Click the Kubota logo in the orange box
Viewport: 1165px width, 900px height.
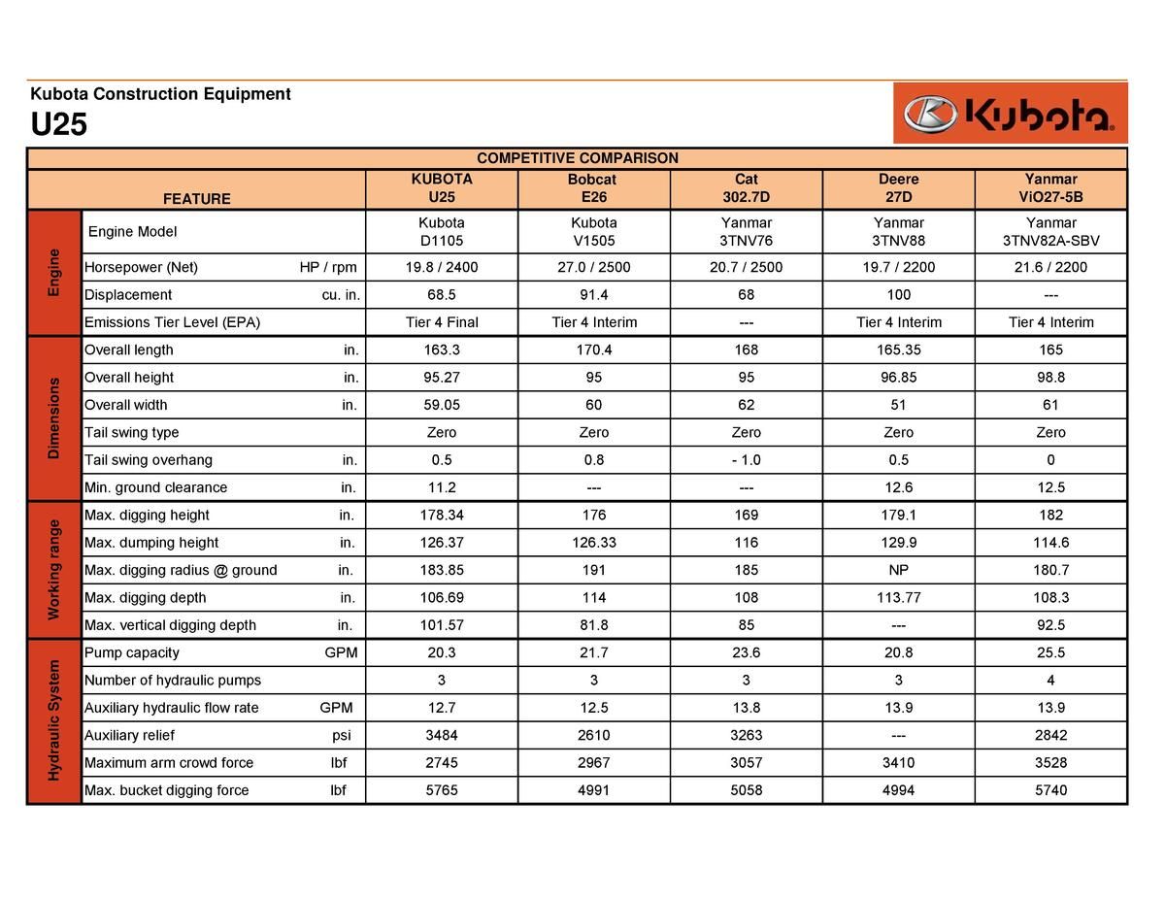click(1010, 114)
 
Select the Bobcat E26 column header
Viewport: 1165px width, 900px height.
click(593, 188)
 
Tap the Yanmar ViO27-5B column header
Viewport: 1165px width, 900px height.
click(1050, 188)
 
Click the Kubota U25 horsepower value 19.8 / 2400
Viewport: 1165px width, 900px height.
click(442, 267)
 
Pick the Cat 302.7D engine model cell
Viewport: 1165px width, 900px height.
click(746, 232)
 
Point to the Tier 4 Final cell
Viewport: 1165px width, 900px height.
click(442, 322)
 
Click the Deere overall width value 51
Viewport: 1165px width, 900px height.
click(898, 405)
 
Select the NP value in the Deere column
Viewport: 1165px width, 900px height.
click(898, 570)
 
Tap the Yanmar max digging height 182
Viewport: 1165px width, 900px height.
click(1050, 515)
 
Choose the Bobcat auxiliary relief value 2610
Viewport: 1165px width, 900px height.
click(593, 735)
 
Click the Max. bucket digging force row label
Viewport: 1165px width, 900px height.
click(166, 790)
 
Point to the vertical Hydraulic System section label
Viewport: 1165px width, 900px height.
click(53, 720)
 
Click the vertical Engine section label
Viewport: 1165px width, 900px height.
click(53, 272)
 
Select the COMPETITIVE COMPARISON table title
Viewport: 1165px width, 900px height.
click(577, 158)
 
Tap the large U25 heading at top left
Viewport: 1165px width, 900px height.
click(59, 125)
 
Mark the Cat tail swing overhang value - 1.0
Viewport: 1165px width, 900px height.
click(746, 460)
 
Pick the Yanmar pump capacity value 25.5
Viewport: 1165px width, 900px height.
click(1050, 652)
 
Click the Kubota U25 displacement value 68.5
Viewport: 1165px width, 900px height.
click(442, 294)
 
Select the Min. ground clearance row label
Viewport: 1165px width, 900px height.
click(155, 487)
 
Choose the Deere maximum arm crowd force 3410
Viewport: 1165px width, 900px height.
click(898, 763)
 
